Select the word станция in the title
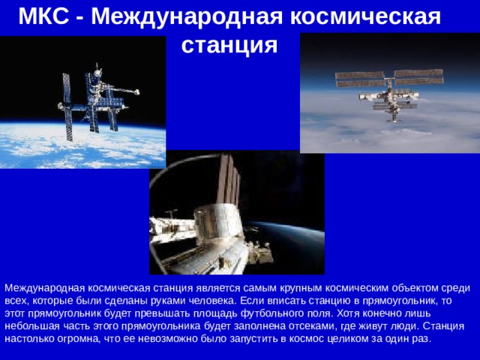tap(229, 46)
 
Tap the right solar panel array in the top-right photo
tap(418, 76)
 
